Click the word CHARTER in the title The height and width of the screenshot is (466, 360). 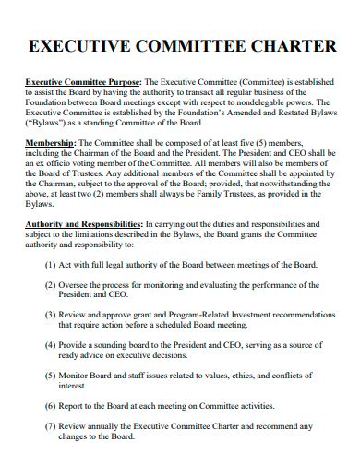point(284,46)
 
